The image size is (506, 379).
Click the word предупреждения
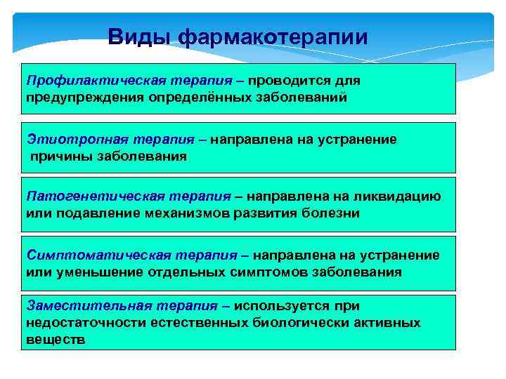tap(84, 98)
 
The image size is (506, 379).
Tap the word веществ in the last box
tap(56, 339)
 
